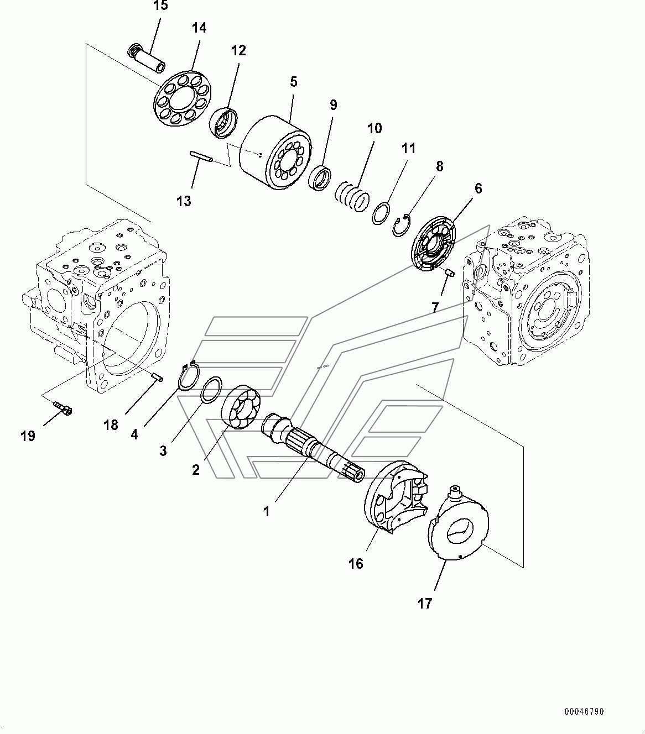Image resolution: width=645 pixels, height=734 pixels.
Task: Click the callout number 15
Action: [x=160, y=6]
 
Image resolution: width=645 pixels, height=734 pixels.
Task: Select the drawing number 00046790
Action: [x=584, y=711]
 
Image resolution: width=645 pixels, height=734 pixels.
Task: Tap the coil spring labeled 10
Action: [x=352, y=197]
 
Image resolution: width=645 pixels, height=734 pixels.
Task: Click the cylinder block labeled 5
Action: [x=275, y=153]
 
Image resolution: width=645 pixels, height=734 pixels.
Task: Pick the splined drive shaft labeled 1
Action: [x=313, y=448]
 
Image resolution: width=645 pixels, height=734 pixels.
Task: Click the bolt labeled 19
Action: [x=63, y=408]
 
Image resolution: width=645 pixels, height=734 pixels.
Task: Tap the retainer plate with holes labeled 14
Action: [x=183, y=98]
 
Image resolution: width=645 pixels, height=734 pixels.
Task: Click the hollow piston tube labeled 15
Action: [x=147, y=57]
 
